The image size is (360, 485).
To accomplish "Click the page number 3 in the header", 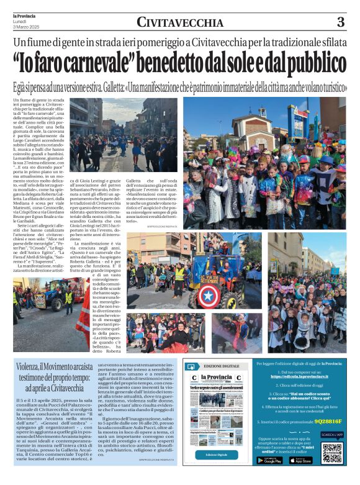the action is tap(340, 22).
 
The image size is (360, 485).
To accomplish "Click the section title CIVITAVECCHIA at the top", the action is tap(180, 23).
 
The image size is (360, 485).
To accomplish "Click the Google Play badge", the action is tap(269, 460).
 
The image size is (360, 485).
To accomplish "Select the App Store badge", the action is tap(300, 460).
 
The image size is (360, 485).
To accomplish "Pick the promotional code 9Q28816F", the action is tap(327, 420).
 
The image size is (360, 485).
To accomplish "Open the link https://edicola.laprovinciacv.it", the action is tap(301, 376).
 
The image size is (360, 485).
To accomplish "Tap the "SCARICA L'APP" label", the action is tap(332, 435).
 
